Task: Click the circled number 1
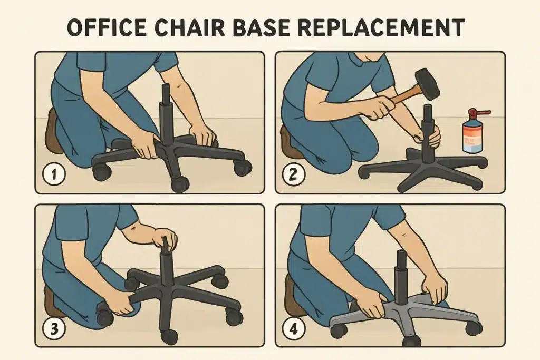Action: coord(54,174)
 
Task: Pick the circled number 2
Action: coord(293,174)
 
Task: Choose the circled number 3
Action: coord(54,328)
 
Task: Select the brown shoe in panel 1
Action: coord(53,131)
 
